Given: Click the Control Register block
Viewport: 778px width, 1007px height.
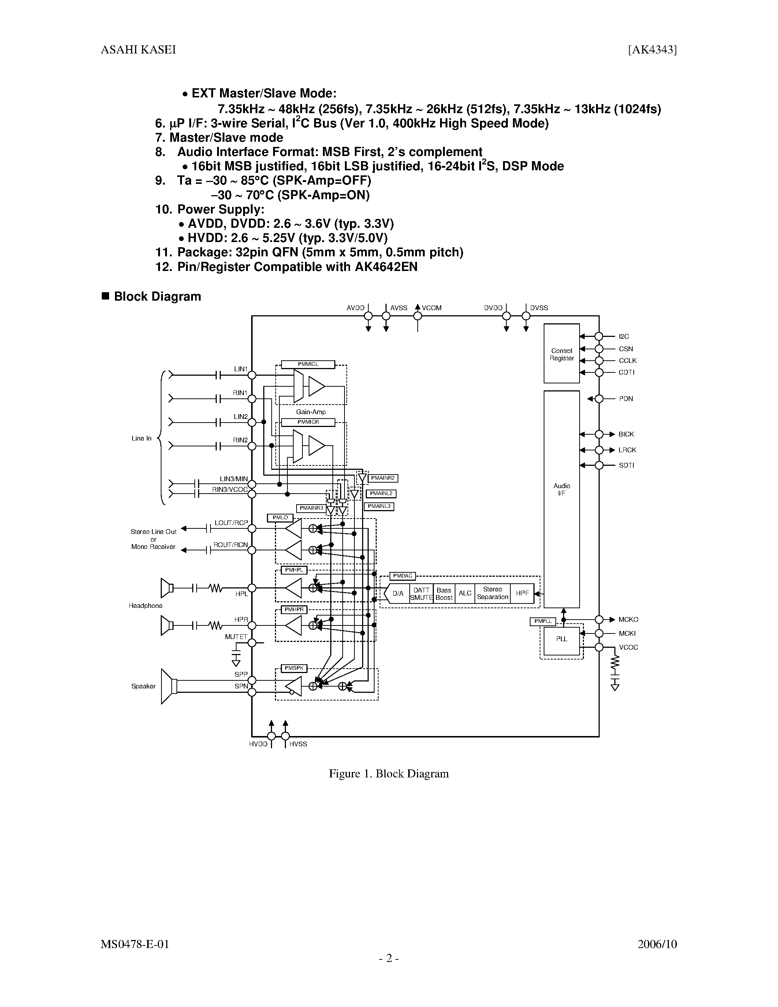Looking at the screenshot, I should pos(561,354).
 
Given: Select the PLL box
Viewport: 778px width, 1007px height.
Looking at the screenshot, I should pos(561,640).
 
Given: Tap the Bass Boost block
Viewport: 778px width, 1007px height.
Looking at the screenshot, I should pos(444,594).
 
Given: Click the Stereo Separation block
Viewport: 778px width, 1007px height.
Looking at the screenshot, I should pos(492,594).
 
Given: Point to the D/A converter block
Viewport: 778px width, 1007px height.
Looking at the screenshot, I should pos(397,594).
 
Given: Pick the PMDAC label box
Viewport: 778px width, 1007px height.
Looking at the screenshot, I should pos(402,576).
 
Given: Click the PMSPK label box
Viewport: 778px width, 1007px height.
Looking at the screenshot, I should pos(294,669).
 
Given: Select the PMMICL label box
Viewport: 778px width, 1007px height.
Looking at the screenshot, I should pos(308,364).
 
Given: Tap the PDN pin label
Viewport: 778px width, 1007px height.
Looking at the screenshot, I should pos(625,399).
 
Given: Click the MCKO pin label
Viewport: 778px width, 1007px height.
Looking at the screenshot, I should pos(628,620).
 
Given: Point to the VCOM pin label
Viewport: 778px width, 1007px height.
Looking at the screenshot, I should pos(431,308).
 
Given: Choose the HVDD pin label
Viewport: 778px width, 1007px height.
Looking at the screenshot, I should pos(258,744).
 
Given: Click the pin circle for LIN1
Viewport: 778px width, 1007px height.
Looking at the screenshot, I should pos(252,375).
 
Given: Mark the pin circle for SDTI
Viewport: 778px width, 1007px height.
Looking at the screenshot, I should pos(599,465).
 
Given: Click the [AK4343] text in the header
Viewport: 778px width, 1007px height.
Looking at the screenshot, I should pos(652,50).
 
